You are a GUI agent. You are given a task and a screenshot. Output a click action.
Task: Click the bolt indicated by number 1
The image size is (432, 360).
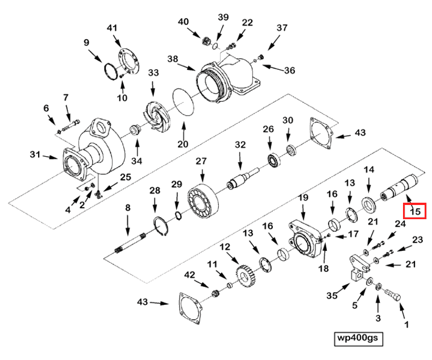pos(392,295)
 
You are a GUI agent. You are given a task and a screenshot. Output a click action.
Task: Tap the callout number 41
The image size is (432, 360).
pos(111,28)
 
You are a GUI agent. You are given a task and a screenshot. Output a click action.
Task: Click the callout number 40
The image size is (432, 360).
pos(183,22)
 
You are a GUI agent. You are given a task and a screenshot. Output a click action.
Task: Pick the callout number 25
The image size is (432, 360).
pos(125,177)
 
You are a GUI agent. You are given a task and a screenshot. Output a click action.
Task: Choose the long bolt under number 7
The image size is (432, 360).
pos(70,121)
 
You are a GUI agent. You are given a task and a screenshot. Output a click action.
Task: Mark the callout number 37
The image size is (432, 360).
pos(282,28)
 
